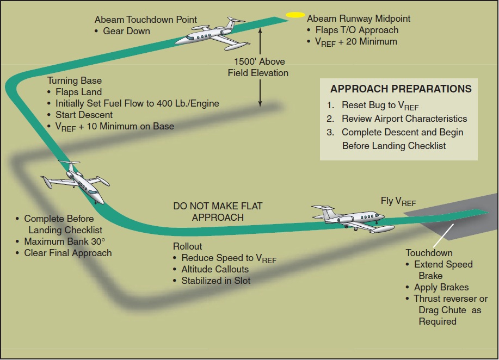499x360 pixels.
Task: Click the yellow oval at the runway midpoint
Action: coord(296,15)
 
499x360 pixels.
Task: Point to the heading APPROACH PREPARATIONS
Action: coord(401,89)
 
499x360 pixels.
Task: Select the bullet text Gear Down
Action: coord(126,31)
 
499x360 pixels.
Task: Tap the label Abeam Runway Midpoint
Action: coord(359,18)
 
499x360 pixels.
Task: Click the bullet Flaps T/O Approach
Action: coord(356,30)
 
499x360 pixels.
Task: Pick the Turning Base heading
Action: coord(74,80)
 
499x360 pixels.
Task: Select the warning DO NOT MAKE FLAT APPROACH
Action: coord(218,212)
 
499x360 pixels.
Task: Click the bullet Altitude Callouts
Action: coord(214,269)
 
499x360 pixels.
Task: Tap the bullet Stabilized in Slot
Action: coord(216,281)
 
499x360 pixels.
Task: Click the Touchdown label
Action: coord(429,253)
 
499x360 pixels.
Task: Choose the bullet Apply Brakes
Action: coord(441,287)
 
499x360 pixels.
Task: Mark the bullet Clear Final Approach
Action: coord(67,253)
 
